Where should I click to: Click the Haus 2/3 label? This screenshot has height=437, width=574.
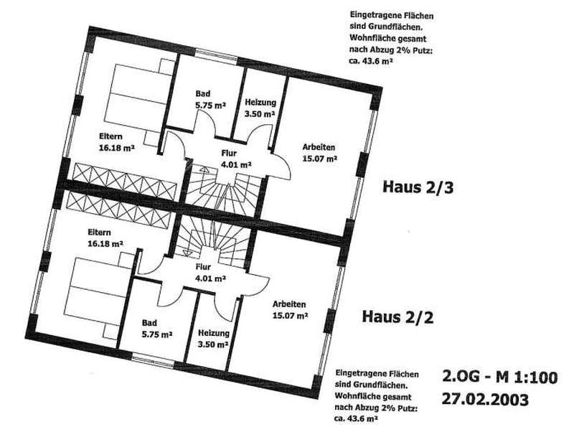click(x=418, y=187)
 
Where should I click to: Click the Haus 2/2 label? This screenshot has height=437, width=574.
click(x=397, y=316)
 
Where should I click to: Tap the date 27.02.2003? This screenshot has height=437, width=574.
click(x=485, y=399)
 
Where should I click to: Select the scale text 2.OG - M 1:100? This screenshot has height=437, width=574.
click(x=499, y=377)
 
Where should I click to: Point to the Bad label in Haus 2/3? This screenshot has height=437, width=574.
click(x=203, y=94)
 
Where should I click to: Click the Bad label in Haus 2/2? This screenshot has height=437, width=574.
click(x=149, y=323)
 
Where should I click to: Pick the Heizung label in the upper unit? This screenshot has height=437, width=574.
click(x=260, y=103)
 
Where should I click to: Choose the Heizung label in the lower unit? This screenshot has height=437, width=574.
click(x=213, y=334)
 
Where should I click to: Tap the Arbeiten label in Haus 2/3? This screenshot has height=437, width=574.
click(x=319, y=148)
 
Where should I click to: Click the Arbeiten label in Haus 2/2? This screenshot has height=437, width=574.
click(x=289, y=304)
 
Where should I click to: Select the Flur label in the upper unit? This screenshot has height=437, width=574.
click(x=229, y=154)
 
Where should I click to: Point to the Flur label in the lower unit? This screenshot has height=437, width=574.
click(x=203, y=266)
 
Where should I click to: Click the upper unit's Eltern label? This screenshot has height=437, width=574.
click(x=110, y=136)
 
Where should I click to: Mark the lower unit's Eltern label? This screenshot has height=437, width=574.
click(x=99, y=232)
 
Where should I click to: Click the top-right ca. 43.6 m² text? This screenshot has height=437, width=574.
click(x=372, y=62)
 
